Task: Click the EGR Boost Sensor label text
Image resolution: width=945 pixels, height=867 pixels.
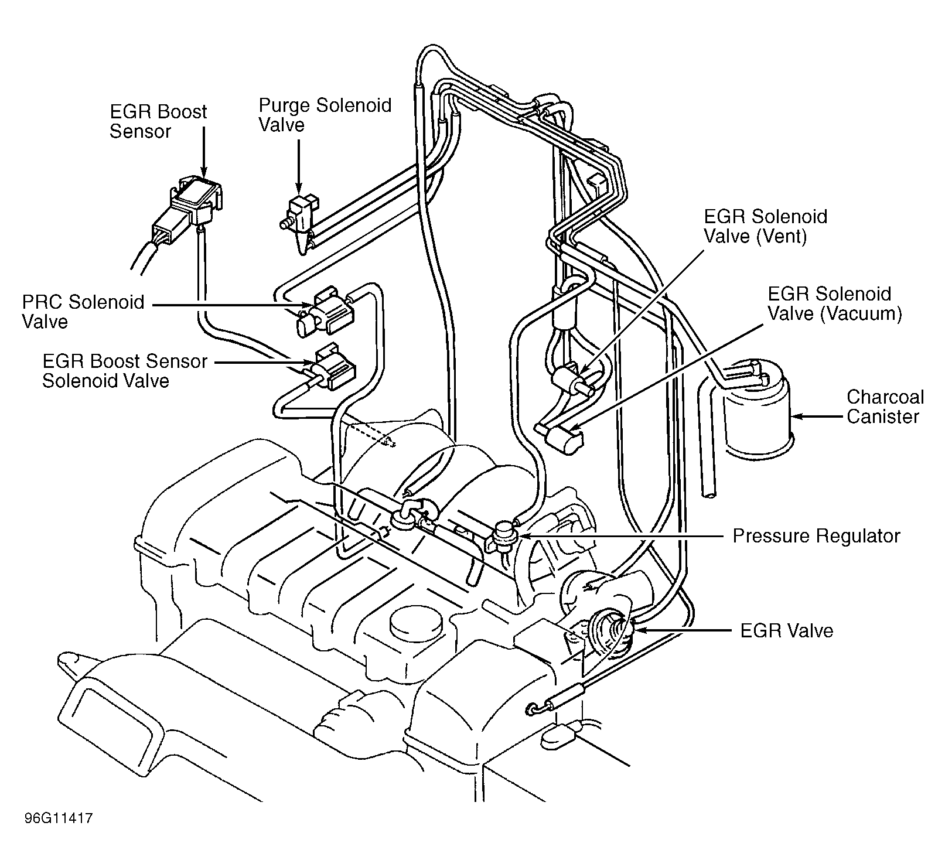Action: pyautogui.click(x=158, y=121)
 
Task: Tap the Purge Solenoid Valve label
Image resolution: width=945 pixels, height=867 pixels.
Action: pyautogui.click(x=325, y=115)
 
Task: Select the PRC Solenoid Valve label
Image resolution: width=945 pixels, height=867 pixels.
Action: pyautogui.click(x=83, y=312)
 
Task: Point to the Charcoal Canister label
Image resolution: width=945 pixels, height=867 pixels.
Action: pyautogui.click(x=885, y=407)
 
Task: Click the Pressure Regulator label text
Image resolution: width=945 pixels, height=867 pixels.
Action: pyautogui.click(x=816, y=535)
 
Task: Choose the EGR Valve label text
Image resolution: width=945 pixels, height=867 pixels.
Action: pyautogui.click(x=786, y=630)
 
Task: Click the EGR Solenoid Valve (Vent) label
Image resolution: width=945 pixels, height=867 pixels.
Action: pyautogui.click(x=765, y=226)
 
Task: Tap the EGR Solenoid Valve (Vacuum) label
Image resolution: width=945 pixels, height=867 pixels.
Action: pyautogui.click(x=834, y=303)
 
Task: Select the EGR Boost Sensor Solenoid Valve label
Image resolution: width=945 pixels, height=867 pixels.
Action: pyautogui.click(x=125, y=371)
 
